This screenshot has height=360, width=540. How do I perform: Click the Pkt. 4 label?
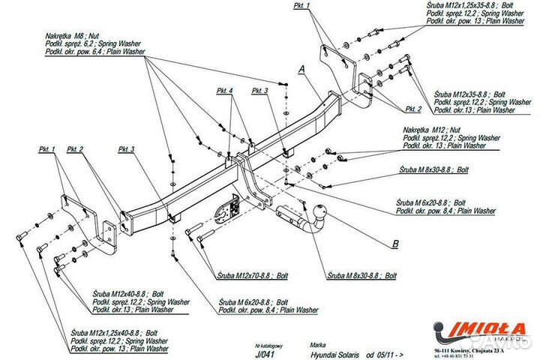[x=225, y=91]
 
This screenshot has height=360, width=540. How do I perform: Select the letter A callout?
[x=301, y=69]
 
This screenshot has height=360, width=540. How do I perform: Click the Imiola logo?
[x=480, y=330]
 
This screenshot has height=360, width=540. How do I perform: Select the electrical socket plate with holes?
[x=225, y=209]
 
